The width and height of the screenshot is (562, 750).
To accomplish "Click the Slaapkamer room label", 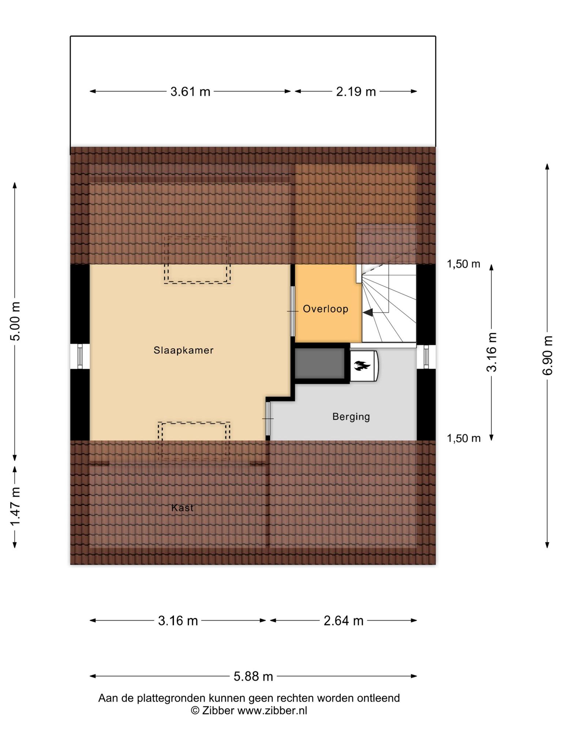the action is pyautogui.click(x=183, y=350).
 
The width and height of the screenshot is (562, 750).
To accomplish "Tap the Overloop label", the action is pyautogui.click(x=326, y=309).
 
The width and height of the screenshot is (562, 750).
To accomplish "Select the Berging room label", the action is pyautogui.click(x=351, y=417).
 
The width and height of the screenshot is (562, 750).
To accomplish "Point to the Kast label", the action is pyautogui.click(x=182, y=508).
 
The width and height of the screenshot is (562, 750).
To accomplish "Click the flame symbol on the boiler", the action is pyautogui.click(x=363, y=365).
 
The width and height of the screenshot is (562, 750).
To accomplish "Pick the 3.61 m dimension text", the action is pyautogui.click(x=190, y=92).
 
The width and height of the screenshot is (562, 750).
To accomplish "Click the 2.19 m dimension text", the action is pyautogui.click(x=356, y=92).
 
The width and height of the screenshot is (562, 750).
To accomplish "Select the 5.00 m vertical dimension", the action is pyautogui.click(x=15, y=321).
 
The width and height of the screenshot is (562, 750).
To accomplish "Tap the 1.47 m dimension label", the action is pyautogui.click(x=15, y=507).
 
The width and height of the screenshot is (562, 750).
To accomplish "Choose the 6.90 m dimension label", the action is pyautogui.click(x=547, y=355).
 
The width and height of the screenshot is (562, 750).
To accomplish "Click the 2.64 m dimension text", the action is pyautogui.click(x=344, y=621).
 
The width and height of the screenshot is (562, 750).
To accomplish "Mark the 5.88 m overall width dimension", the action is pyautogui.click(x=254, y=676).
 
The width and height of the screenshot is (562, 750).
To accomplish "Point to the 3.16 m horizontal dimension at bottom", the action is pyautogui.click(x=178, y=621).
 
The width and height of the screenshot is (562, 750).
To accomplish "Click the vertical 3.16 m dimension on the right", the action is pyautogui.click(x=492, y=352).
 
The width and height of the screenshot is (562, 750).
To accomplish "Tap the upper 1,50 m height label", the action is pyautogui.click(x=464, y=264).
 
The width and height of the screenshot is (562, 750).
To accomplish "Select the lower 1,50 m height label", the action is pyautogui.click(x=464, y=438).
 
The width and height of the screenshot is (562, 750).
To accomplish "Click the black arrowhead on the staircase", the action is pyautogui.click(x=368, y=312).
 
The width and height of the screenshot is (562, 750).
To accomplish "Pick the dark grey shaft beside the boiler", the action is pyautogui.click(x=320, y=363).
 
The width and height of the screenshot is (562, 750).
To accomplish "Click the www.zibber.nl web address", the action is pyautogui.click(x=272, y=711).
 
